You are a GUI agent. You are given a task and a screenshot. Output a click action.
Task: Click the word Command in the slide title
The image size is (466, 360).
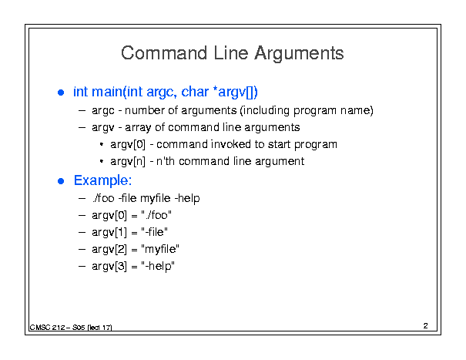pos(164,53)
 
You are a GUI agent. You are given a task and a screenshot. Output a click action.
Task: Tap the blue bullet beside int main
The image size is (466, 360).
pos(61,93)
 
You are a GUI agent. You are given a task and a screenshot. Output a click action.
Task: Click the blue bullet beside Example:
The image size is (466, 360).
pos(61,181)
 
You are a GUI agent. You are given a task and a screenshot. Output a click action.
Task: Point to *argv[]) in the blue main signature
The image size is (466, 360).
pos(236,92)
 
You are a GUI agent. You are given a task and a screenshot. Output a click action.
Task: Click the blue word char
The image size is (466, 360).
pos(195,92)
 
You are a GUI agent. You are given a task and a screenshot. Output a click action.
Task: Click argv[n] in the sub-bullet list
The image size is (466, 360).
pos(128,162)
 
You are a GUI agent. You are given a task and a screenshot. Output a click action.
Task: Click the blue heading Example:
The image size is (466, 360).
pos(103,180)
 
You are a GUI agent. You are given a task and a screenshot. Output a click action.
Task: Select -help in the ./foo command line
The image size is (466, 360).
pos(187,198)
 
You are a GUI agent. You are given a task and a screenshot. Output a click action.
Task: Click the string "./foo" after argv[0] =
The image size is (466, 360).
pos(156,215)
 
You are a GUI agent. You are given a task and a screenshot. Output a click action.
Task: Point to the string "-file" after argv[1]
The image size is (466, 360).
pos(155,232)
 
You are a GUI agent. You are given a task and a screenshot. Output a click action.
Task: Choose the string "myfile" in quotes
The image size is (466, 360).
pos(160,249)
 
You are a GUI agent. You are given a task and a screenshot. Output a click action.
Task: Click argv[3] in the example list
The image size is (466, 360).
pos(109,266)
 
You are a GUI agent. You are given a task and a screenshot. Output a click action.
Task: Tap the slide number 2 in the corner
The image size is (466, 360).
pos(426,326)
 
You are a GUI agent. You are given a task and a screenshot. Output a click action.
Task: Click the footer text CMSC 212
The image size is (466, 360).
pos(47,328)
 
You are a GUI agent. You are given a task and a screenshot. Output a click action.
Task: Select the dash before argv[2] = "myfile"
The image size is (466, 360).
pos(82,249)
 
